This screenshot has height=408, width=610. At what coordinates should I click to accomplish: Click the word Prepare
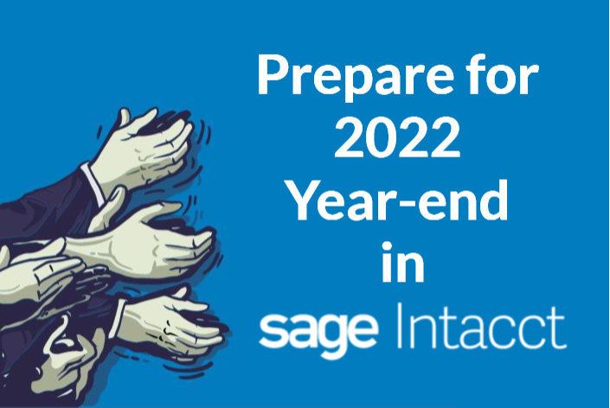click(355, 76)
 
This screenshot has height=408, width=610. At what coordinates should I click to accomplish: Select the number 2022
click(398, 137)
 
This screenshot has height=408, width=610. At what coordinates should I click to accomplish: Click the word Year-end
click(398, 201)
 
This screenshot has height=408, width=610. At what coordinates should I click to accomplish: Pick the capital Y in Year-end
click(306, 201)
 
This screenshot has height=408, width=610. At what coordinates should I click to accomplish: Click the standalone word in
click(403, 262)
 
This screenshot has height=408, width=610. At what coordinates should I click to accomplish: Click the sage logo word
click(318, 332)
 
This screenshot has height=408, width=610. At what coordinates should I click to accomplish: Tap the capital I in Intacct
click(401, 326)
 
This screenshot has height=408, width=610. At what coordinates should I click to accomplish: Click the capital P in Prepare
click(273, 73)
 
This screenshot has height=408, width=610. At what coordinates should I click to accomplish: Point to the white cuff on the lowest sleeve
click(119, 318)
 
